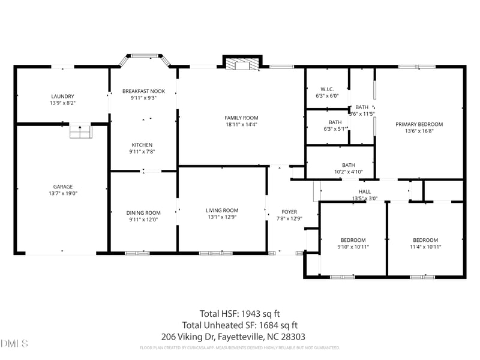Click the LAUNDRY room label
pos(62,97)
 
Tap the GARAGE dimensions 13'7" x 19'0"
pos(62,194)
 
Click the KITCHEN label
pos(142,145)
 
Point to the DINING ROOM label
pos(143,212)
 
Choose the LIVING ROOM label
pos(222,211)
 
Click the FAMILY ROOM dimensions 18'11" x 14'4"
pos(241,125)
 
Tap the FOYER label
pos(289,212)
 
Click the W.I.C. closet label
pos(327,89)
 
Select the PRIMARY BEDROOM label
pos(419,124)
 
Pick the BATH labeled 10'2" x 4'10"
pos(349,165)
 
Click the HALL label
pos(365,191)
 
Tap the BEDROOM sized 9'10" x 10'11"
pos(352,240)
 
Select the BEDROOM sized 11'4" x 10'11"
pos(425,240)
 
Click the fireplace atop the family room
pos(242,64)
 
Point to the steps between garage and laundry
pos(79,131)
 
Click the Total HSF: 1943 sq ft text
pos(239,313)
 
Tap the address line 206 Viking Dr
pos(239,337)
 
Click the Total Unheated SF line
pos(239,325)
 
